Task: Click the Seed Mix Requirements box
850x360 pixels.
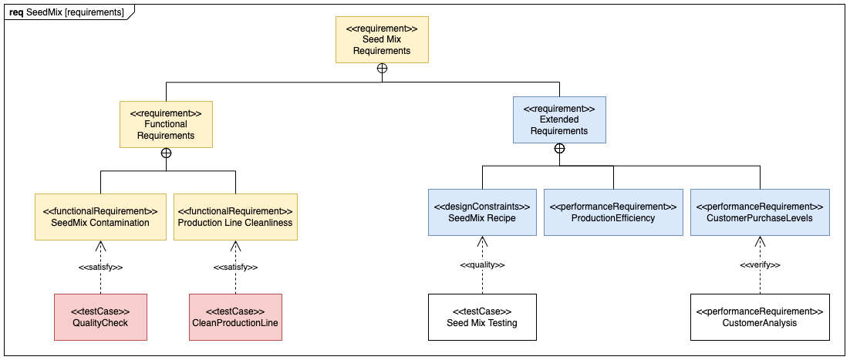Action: pyautogui.click(x=382, y=40)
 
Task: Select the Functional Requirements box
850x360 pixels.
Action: pyautogui.click(x=166, y=124)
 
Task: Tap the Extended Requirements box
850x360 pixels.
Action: pyautogui.click(x=559, y=119)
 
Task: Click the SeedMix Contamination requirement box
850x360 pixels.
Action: pyautogui.click(x=100, y=217)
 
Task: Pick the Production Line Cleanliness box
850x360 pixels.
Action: pyautogui.click(x=235, y=217)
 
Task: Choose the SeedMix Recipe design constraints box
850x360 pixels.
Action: pyautogui.click(x=482, y=212)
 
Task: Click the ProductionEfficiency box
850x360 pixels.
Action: pyautogui.click(x=613, y=212)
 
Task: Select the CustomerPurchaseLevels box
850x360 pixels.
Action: pyautogui.click(x=760, y=212)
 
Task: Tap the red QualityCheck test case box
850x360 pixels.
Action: pyautogui.click(x=100, y=317)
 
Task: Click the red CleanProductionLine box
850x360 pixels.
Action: pyautogui.click(x=235, y=317)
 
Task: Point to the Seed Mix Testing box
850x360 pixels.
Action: pyautogui.click(x=482, y=317)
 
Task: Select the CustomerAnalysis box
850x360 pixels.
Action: pyautogui.click(x=760, y=317)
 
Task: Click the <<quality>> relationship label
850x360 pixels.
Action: pyautogui.click(x=482, y=265)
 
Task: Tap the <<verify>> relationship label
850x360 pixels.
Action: pyautogui.click(x=760, y=265)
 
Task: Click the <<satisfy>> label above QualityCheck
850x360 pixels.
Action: pyautogui.click(x=100, y=267)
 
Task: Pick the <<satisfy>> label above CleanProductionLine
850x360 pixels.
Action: pyautogui.click(x=235, y=267)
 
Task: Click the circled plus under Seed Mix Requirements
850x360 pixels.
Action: pyautogui.click(x=382, y=69)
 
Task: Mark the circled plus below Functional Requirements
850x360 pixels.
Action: pyautogui.click(x=166, y=153)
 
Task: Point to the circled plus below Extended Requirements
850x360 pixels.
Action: pyautogui.click(x=559, y=148)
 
